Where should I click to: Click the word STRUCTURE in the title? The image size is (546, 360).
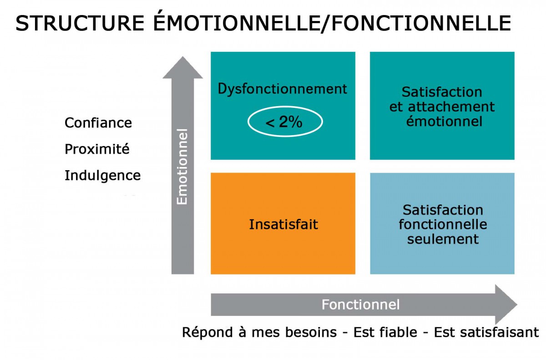[80, 23]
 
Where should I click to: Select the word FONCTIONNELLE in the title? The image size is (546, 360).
[421, 23]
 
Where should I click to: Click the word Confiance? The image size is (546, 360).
[98, 122]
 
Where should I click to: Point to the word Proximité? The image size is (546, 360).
[97, 149]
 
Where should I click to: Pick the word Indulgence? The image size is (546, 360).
[103, 176]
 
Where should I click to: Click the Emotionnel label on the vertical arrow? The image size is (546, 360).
[182, 167]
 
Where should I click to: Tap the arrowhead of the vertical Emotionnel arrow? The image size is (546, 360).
[182, 68]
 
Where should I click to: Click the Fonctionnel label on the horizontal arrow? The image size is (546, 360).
[360, 304]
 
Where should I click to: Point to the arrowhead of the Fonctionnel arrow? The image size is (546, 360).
[506, 304]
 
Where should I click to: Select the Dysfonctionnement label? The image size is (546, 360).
[282, 89]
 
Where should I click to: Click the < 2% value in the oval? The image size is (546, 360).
[284, 122]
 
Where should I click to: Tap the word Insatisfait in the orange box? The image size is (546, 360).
[283, 224]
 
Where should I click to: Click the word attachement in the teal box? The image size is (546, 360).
[451, 107]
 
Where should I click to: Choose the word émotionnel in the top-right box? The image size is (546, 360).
[444, 122]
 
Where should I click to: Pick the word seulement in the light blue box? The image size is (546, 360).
[443, 239]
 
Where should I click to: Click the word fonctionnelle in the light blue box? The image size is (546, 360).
[443, 224]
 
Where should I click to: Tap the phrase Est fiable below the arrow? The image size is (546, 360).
[385, 332]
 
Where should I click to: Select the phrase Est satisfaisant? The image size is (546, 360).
[486, 332]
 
